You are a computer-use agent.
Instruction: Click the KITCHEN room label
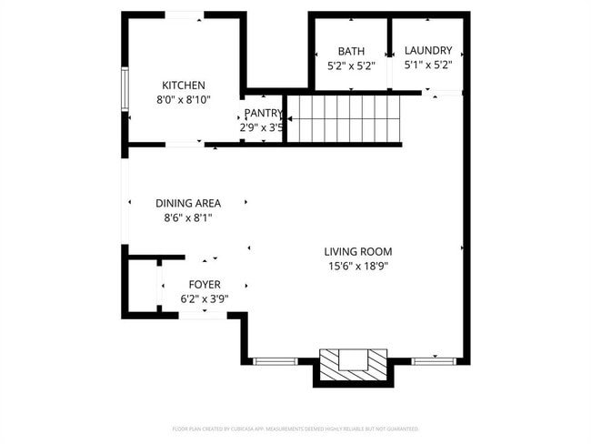click(x=183, y=85)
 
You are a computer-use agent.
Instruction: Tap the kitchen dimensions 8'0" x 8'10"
click(x=183, y=100)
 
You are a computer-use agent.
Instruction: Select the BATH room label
click(x=350, y=51)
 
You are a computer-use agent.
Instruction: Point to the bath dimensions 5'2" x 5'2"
click(x=350, y=66)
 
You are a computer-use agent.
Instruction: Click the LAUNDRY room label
click(x=428, y=51)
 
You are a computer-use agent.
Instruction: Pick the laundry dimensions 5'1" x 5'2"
click(x=428, y=66)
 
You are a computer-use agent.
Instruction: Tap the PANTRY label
click(x=263, y=113)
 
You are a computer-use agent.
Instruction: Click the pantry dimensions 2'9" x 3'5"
click(x=262, y=128)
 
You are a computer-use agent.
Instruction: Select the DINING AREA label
click(x=188, y=203)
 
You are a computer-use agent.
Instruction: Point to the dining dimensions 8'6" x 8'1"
click(x=188, y=218)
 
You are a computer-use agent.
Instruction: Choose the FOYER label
click(x=204, y=284)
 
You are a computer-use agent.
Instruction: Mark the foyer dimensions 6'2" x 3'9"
click(x=204, y=299)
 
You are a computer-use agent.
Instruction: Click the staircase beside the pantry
click(x=343, y=118)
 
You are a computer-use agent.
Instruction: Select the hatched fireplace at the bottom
click(x=351, y=363)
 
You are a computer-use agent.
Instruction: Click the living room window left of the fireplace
click(x=274, y=361)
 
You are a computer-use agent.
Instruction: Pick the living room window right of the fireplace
click(x=434, y=361)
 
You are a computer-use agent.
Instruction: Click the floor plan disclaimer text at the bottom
click(x=295, y=428)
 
